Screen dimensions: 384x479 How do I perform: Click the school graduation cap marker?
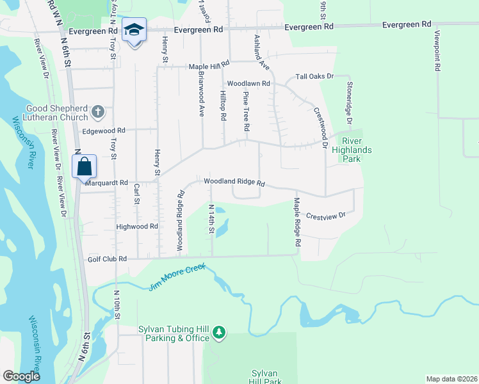(134, 30)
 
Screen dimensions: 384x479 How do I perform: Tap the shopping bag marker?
(85, 168)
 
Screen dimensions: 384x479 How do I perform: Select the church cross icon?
(97, 113)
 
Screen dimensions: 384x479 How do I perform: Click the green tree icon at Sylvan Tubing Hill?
(219, 332)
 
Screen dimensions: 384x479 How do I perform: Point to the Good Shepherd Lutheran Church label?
(56, 113)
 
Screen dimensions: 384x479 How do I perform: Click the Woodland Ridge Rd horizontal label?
(234, 182)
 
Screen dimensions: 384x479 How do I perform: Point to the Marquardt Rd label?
(107, 182)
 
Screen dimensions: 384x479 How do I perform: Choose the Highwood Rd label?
(137, 227)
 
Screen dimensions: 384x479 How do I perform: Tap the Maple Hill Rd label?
(208, 67)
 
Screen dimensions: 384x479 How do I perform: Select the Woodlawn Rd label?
(248, 84)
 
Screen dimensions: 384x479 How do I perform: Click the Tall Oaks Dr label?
(314, 76)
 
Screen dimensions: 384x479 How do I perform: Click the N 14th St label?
(211, 219)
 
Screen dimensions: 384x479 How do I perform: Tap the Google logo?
(21, 376)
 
